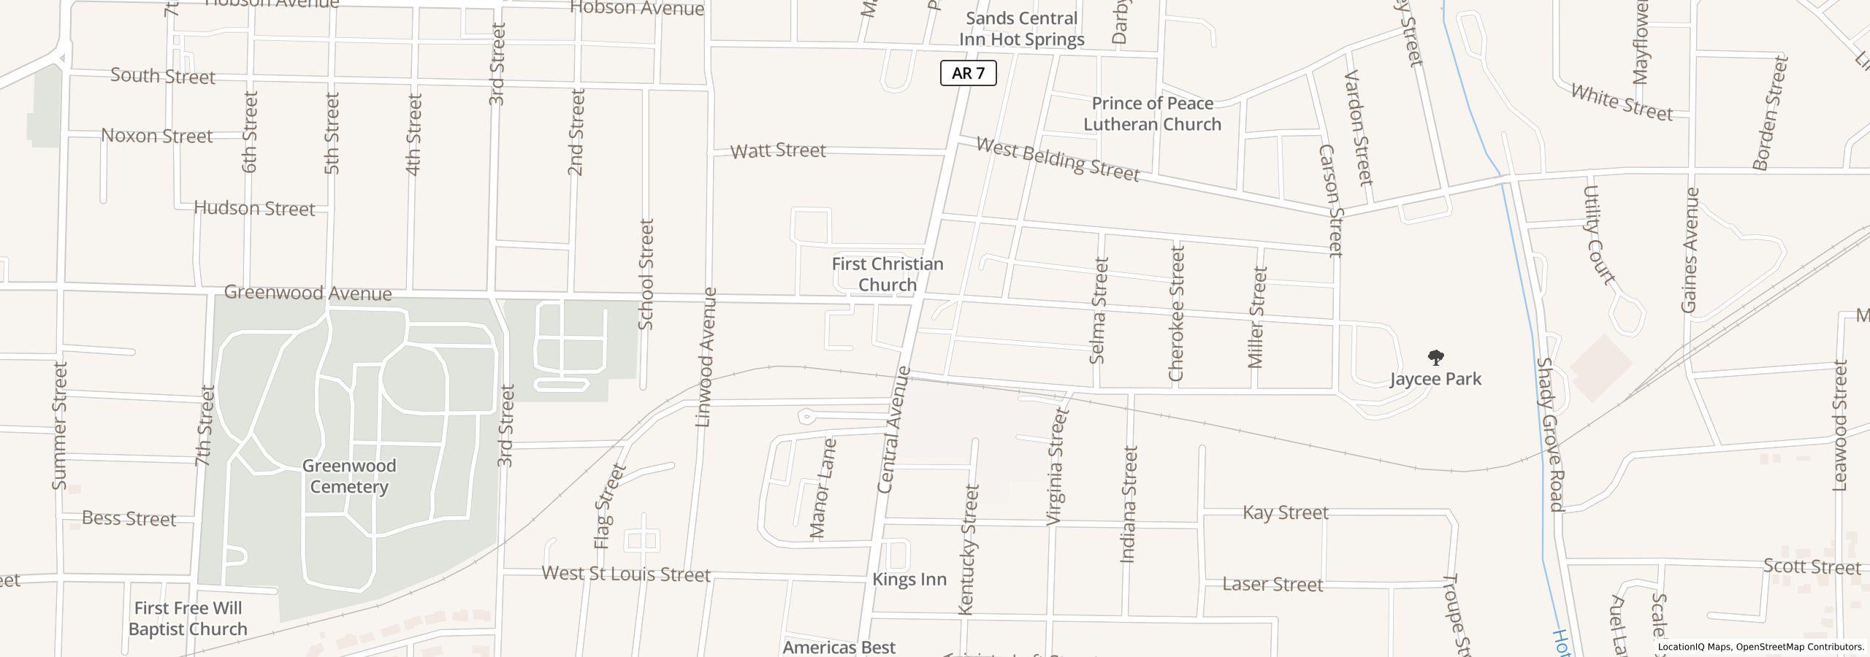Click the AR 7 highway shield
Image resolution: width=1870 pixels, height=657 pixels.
968,73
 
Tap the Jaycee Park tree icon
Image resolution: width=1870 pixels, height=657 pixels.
1435,358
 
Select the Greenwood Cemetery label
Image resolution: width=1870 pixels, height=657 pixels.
349,476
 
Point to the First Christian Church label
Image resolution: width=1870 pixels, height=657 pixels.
888,274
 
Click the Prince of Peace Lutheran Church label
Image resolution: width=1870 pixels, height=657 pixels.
1152,114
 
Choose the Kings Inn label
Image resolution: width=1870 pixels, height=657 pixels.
909,580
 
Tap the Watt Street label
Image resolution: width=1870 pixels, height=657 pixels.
778,150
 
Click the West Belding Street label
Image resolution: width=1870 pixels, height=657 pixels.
1058,160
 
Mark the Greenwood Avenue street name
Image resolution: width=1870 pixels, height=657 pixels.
308,293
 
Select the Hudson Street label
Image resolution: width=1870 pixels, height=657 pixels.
254,209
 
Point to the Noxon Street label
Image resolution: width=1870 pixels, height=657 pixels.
156,136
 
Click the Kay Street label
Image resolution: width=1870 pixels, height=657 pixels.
1285,512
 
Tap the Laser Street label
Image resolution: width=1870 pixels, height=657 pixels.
1272,584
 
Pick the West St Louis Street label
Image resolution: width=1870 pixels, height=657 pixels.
626,574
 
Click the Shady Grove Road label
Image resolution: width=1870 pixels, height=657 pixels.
1549,434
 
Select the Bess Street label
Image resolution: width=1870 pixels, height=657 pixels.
129,518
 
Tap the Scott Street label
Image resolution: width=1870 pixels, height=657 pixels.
1812,566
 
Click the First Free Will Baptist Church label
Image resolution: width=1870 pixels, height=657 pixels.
188,618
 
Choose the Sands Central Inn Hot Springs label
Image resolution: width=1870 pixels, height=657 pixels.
1021,29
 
